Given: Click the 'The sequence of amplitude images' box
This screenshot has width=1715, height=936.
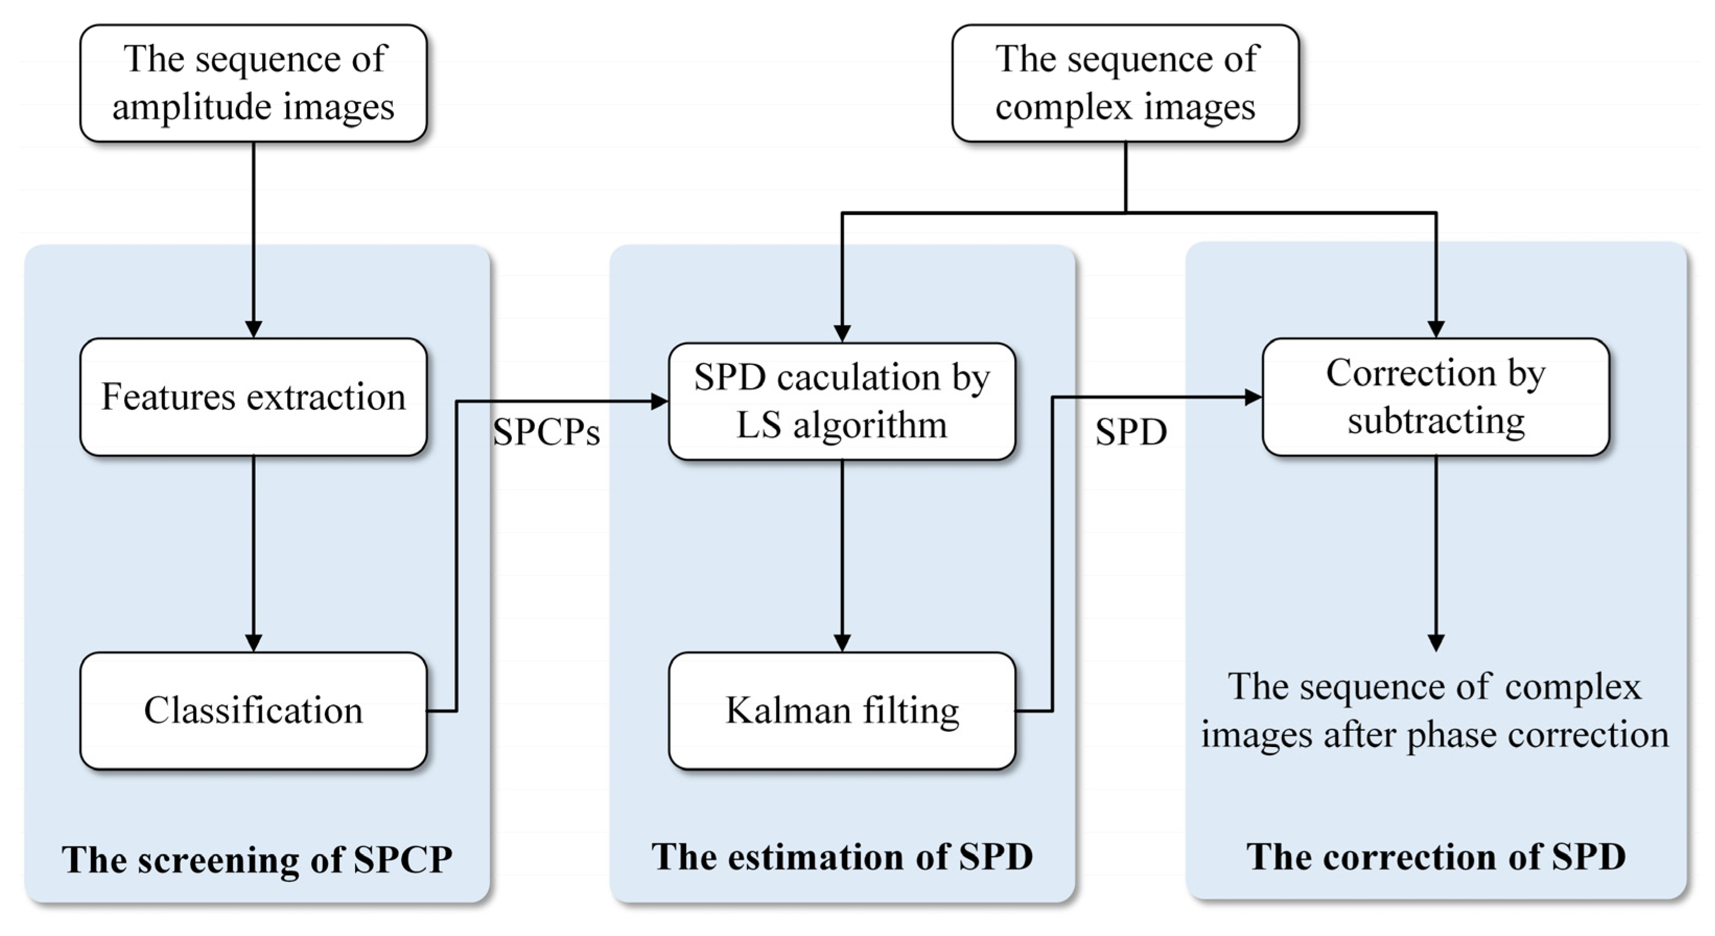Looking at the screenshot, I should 253,83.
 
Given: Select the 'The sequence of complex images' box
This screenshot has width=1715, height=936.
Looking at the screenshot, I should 1125,83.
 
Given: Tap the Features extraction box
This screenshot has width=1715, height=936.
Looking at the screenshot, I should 253,397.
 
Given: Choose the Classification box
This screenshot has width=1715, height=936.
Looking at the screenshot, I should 253,711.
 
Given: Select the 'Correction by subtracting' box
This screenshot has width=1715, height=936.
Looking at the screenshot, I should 1436,397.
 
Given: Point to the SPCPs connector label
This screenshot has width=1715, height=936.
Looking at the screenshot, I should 546,433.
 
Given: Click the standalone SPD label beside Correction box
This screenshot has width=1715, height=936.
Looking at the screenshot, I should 1131,433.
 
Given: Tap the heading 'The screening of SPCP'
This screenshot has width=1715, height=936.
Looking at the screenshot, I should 257,859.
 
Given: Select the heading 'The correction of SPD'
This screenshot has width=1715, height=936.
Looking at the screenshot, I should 1436,857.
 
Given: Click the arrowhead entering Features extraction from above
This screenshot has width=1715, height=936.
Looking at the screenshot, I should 253,329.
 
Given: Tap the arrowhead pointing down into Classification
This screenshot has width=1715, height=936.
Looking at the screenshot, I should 253,643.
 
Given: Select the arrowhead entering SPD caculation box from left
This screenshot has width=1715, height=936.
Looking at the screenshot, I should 659,401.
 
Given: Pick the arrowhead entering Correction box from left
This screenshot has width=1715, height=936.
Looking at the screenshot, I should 1253,397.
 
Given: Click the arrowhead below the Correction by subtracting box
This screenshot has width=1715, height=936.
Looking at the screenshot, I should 1436,643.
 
